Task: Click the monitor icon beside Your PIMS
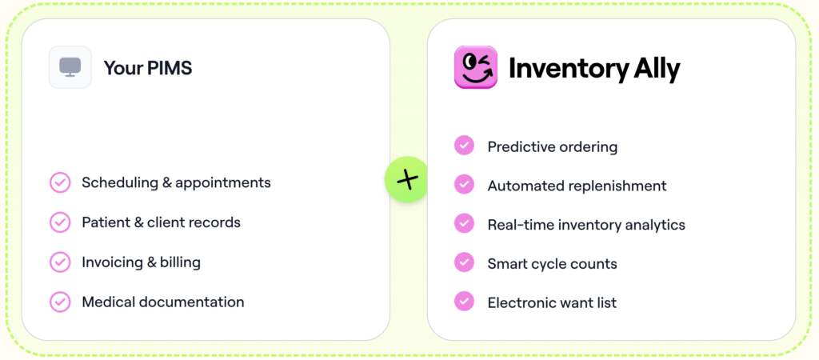(x=70, y=67)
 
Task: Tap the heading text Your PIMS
(x=148, y=68)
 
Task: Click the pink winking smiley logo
(x=475, y=67)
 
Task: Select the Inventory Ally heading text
(x=594, y=69)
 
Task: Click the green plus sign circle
(x=407, y=179)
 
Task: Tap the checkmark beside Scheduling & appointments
(x=60, y=182)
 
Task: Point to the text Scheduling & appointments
(x=176, y=182)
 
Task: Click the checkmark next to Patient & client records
(x=60, y=222)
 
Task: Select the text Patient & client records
(x=161, y=222)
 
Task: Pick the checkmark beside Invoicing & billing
(x=60, y=262)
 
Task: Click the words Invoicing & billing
(x=141, y=262)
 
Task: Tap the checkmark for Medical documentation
(x=60, y=302)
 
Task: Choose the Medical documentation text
(x=162, y=302)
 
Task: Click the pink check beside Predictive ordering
(x=464, y=146)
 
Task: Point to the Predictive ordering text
(x=552, y=146)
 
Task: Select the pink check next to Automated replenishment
(x=464, y=185)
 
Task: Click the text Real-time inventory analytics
(x=586, y=225)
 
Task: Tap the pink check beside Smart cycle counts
(x=464, y=262)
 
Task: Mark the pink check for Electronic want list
(x=464, y=302)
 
